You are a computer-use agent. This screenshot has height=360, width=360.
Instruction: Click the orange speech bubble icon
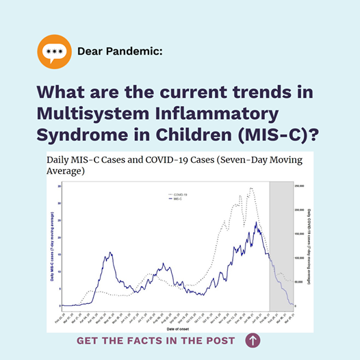coord(53,52)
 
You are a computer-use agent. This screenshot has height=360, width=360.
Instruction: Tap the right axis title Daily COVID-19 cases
coord(309,246)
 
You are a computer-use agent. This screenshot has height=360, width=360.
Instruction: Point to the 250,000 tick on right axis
coord(300,186)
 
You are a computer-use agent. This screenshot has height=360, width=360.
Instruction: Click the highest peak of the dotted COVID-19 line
coord(252,188)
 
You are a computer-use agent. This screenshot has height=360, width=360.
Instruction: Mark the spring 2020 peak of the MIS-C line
coord(110,253)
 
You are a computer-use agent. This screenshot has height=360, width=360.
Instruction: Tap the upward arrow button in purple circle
coord(253,339)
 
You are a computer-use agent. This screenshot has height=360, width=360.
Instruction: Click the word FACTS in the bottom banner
coord(147,340)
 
